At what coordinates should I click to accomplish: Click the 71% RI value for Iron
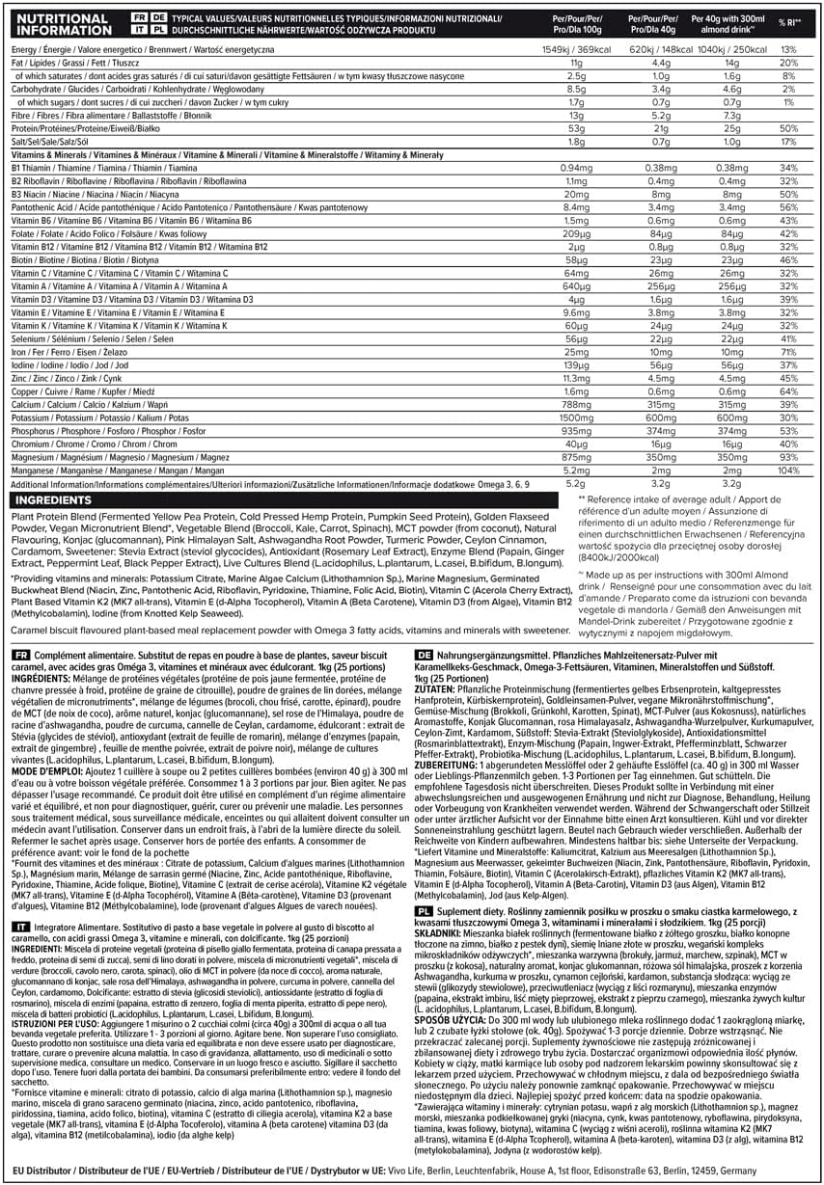[x=788, y=353]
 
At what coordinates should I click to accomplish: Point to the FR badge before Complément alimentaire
[x=19, y=653]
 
